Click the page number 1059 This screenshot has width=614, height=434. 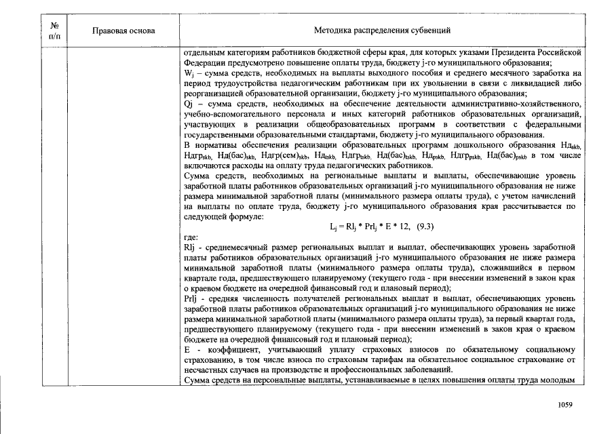click(565, 405)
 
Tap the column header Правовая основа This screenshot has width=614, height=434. click(123, 31)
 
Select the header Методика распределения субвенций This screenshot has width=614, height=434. click(382, 31)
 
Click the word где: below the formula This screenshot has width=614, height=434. click(191, 237)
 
